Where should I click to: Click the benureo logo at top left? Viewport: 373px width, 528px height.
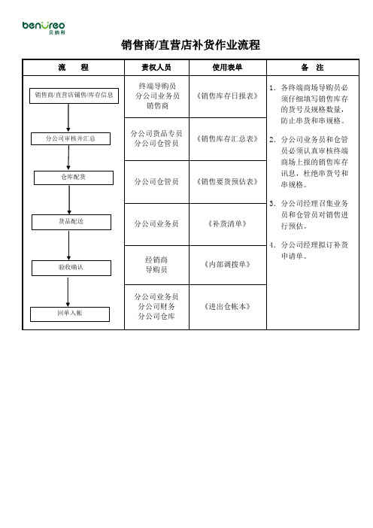[x=44, y=27]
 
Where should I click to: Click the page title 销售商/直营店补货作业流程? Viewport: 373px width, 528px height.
[x=190, y=45]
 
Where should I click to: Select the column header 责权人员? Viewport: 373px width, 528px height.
[x=156, y=68]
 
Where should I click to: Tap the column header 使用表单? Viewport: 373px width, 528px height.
[x=227, y=68]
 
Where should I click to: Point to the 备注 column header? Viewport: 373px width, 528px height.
[x=312, y=68]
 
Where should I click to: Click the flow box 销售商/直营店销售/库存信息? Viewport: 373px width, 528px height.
[x=74, y=96]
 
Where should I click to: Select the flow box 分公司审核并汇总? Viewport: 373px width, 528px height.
[x=71, y=138]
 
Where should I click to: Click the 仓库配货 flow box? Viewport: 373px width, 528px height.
[x=74, y=178]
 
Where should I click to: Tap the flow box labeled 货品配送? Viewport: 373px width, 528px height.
[x=71, y=222]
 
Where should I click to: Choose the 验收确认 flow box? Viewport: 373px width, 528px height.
[x=71, y=268]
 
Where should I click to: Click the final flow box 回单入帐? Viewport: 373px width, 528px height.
[x=70, y=314]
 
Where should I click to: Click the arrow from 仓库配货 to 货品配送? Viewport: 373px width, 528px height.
[x=69, y=199]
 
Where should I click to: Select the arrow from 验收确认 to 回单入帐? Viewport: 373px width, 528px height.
[x=68, y=292]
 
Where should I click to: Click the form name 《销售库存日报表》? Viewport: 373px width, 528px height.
[x=227, y=96]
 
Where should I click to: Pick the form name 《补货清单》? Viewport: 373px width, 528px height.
[x=227, y=223]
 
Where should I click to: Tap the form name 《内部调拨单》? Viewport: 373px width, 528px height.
[x=227, y=264]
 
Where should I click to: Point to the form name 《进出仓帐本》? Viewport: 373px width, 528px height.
[x=227, y=306]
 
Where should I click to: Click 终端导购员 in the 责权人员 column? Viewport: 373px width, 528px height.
[x=157, y=86]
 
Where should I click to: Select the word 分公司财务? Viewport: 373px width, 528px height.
[x=156, y=306]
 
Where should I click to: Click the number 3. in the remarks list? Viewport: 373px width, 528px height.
[x=273, y=203]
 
